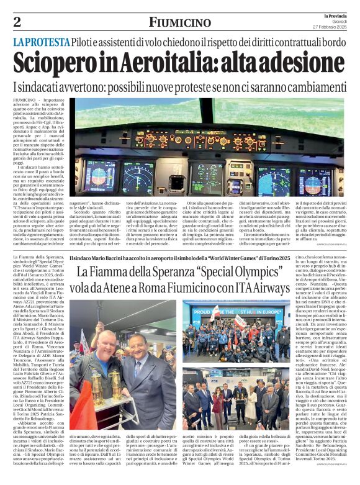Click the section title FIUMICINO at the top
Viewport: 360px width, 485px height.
[180, 22]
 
